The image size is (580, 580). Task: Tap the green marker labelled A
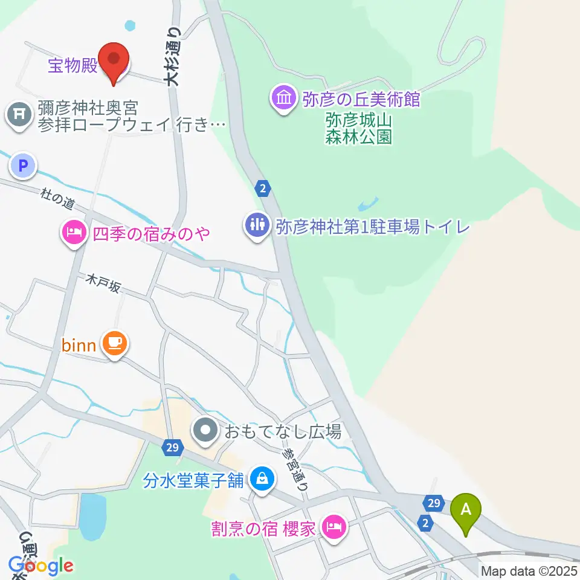click(466, 511)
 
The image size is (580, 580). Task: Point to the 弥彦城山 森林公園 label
click(359, 127)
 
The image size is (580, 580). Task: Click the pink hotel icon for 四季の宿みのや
click(74, 233)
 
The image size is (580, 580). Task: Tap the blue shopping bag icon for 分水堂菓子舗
click(262, 480)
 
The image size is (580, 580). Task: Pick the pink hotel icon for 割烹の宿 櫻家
click(333, 527)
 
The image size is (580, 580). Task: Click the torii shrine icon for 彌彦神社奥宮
click(19, 115)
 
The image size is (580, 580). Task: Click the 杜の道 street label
click(57, 198)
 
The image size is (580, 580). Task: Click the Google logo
click(41, 565)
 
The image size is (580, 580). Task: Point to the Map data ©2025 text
click(529, 571)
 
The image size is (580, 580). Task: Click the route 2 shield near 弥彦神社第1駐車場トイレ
click(262, 189)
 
